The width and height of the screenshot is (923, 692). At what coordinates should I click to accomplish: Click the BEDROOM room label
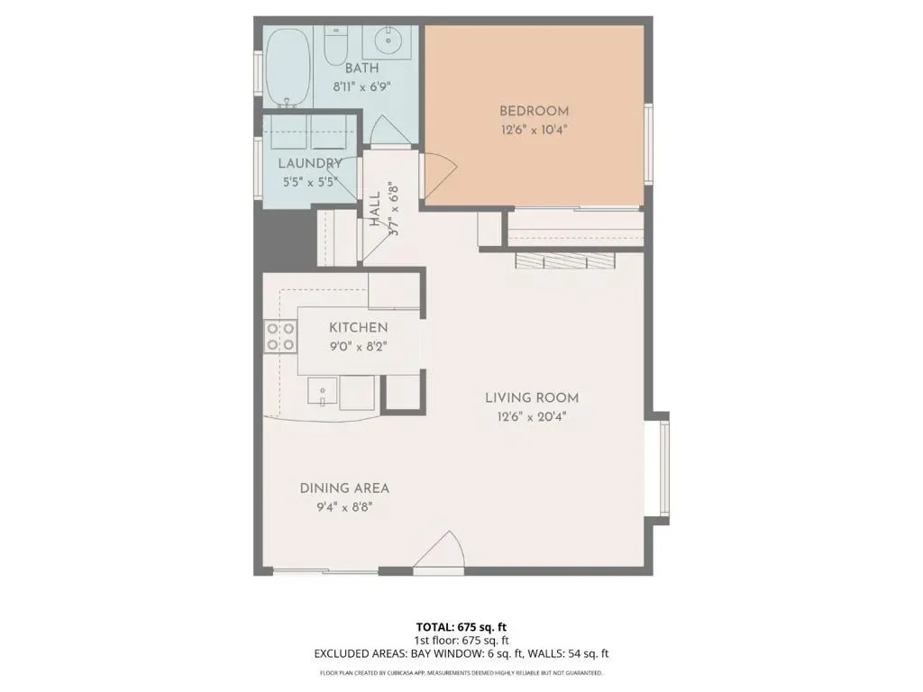point(534,111)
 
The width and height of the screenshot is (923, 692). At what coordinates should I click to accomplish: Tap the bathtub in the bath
point(288,68)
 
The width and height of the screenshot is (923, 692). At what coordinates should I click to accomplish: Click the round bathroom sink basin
point(388,40)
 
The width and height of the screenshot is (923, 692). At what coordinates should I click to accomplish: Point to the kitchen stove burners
point(279,337)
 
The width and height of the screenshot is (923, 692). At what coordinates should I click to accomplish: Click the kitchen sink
point(323,391)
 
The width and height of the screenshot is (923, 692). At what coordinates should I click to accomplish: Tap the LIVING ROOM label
point(532,397)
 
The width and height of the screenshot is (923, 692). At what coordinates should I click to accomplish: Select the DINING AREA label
point(344,488)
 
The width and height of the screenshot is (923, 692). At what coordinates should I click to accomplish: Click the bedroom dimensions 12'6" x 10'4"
point(534,130)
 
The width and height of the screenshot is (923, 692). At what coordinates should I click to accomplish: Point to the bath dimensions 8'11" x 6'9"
point(362,87)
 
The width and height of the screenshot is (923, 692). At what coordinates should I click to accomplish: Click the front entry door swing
point(440,552)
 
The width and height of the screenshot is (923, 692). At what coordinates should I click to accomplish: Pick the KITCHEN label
point(358,328)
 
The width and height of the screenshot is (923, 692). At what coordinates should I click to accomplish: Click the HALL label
point(375,210)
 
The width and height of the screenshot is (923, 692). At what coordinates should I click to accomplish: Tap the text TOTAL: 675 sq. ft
point(461,627)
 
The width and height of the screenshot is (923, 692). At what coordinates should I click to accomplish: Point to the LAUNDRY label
point(310,164)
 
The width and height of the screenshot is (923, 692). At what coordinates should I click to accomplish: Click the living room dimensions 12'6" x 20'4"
point(532,417)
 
